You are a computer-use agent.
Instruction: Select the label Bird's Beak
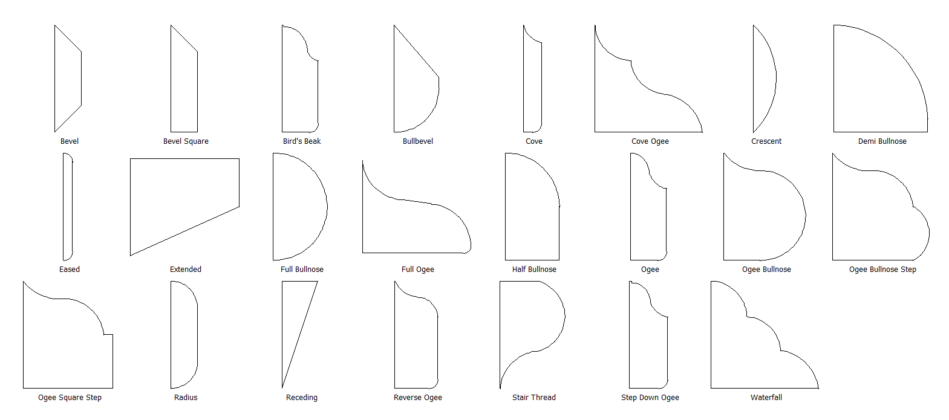point(302,141)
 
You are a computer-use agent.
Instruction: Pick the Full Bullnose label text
point(302,270)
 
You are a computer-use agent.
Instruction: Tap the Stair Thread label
point(534,398)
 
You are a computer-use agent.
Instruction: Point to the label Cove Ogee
point(650,141)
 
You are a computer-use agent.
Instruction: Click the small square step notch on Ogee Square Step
point(108,334)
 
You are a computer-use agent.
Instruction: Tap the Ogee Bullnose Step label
point(882,270)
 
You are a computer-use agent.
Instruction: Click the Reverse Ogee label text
point(418,398)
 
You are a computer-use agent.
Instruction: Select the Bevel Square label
point(186,141)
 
